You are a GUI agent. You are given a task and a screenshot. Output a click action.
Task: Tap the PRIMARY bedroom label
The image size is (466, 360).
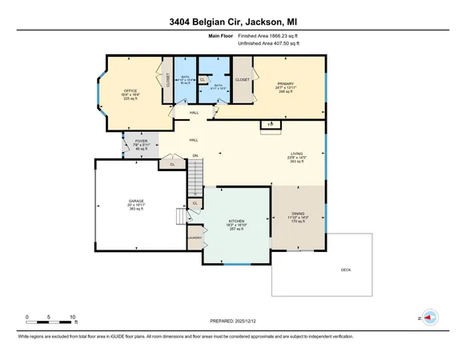(284, 82)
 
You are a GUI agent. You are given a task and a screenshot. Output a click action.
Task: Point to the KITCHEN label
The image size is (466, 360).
(235, 221)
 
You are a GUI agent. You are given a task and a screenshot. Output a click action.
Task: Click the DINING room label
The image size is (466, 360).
(298, 214)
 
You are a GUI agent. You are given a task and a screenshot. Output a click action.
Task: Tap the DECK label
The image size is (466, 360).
(346, 270)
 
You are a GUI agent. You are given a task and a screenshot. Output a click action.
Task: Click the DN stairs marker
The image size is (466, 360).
(195, 155)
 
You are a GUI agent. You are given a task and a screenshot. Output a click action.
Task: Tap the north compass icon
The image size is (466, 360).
(428, 318)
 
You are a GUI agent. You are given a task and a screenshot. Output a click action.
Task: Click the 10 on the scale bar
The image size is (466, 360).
(73, 318)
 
